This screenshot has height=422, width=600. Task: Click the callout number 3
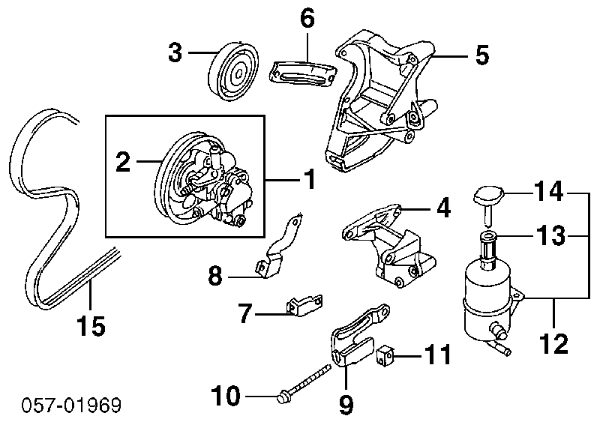(x=175, y=53)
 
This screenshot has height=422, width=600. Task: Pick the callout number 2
(x=124, y=162)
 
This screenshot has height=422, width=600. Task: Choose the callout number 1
(x=307, y=179)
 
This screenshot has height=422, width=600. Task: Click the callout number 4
(x=443, y=208)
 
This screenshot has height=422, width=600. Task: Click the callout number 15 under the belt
(x=90, y=325)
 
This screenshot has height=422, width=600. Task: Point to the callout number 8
(x=216, y=277)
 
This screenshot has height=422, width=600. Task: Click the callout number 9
(x=345, y=405)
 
